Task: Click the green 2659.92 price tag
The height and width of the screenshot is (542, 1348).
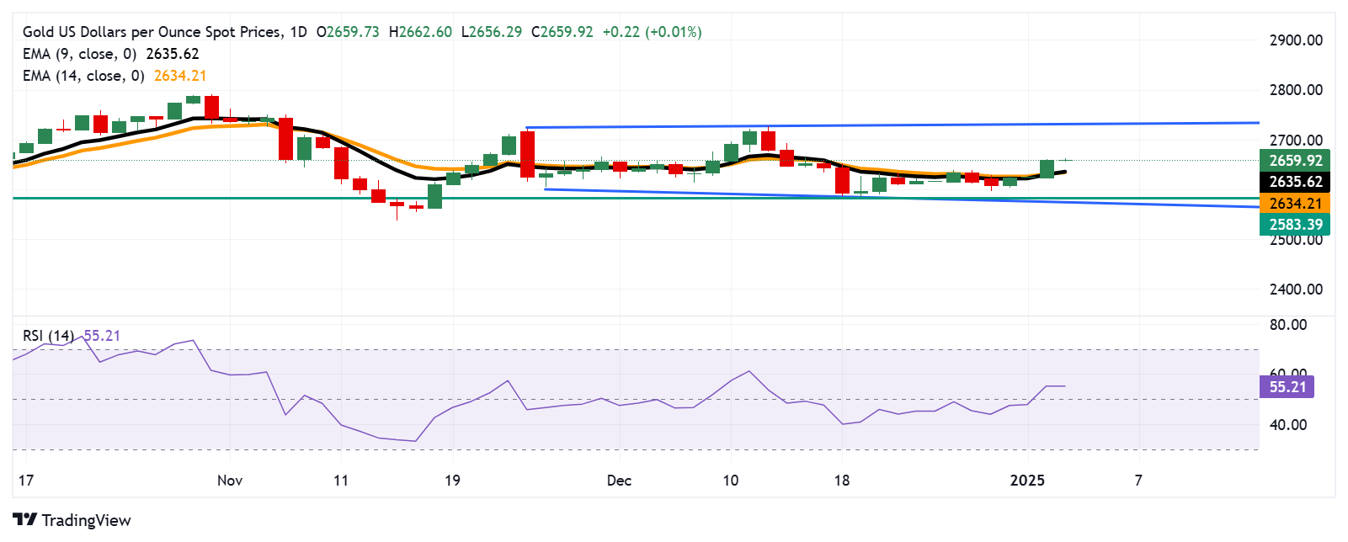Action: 1295,161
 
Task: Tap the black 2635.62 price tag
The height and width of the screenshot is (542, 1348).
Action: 1295,182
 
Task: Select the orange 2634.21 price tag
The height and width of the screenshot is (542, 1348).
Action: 1295,204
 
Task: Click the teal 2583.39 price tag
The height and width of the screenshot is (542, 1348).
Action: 1295,225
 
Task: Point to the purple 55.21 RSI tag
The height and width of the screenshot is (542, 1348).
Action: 1287,387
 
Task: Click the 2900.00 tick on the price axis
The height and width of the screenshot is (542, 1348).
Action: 1295,40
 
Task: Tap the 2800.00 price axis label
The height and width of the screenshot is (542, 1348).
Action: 1295,90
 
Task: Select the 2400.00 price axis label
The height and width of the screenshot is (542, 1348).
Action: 1295,290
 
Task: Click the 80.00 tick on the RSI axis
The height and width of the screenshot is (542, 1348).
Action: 1287,325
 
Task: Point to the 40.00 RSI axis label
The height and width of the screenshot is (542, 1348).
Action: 1287,425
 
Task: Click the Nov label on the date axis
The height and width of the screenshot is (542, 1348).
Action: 230,481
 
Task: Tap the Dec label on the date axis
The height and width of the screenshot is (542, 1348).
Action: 619,481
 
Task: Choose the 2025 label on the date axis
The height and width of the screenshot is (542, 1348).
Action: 1027,481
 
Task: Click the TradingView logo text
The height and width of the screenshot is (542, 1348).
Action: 86,520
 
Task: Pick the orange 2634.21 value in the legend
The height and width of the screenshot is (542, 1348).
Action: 180,76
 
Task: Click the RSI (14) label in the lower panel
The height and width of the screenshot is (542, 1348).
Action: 48,336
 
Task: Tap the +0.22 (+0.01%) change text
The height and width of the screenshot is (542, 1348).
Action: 652,32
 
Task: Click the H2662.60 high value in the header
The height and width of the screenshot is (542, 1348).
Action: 420,32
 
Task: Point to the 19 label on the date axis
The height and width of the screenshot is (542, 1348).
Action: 452,481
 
